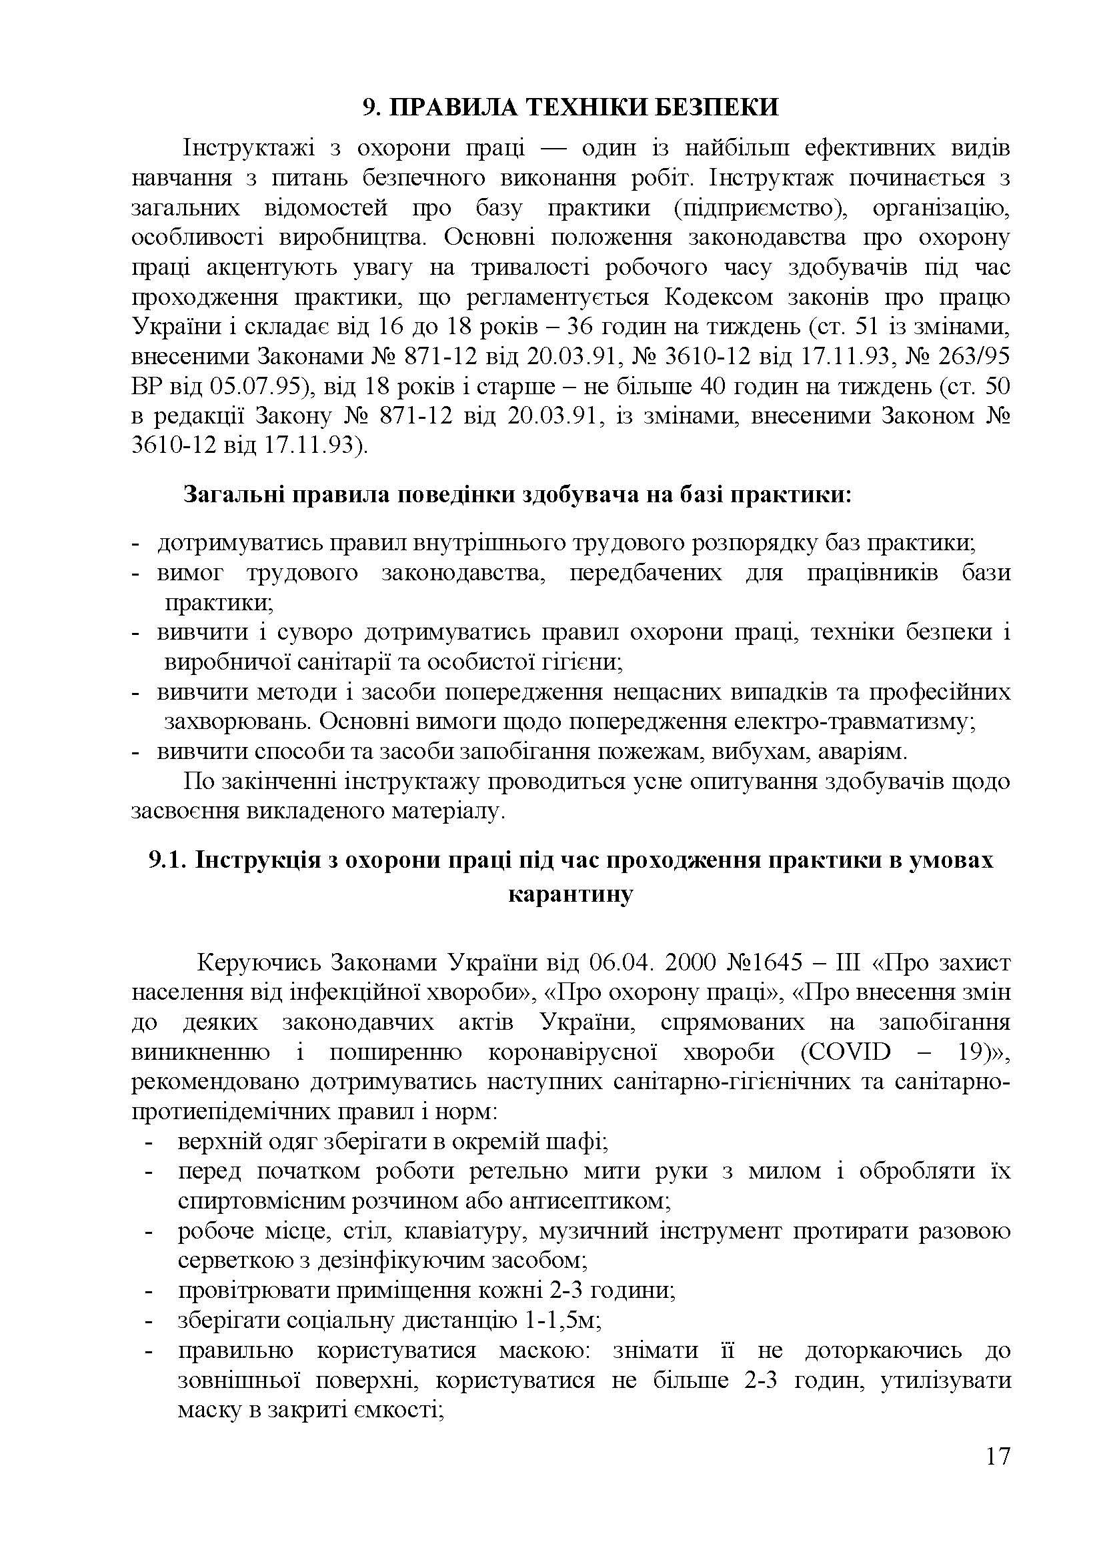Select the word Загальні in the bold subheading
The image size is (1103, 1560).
pos(233,494)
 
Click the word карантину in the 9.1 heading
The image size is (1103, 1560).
pos(571,893)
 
